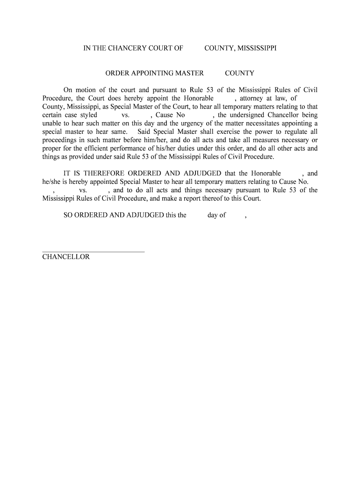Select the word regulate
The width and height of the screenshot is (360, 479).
[297, 132]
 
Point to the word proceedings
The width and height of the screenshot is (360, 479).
[60, 140]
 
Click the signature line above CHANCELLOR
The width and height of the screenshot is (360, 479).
[94, 252]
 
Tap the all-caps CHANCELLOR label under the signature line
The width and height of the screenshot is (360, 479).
[66, 257]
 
